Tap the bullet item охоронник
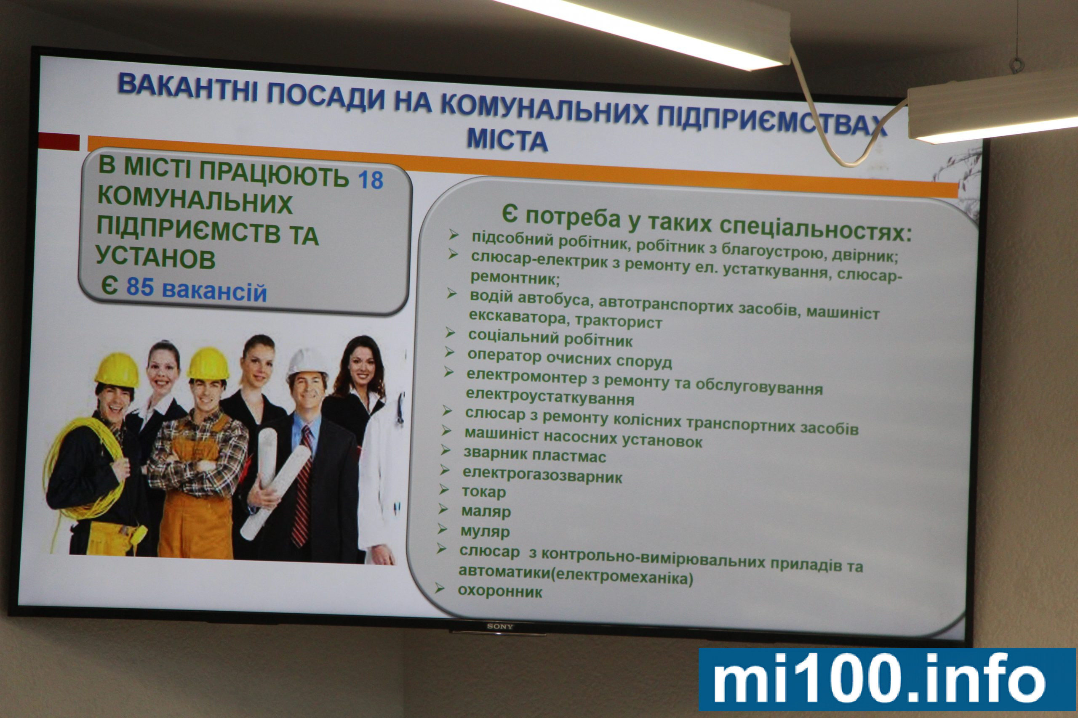[x=499, y=592]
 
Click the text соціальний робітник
[x=550, y=338]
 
